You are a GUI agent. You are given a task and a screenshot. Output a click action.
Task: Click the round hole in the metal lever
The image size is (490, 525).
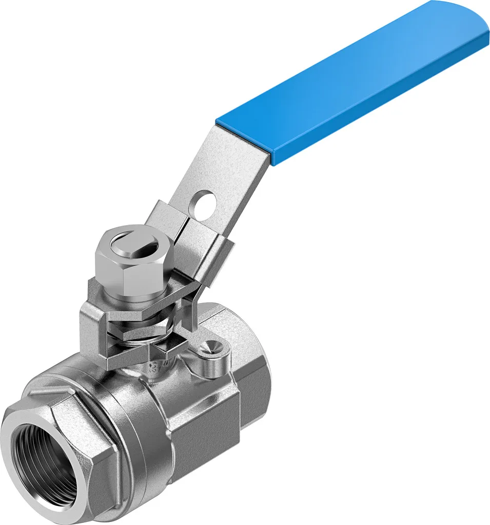[x=204, y=202]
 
